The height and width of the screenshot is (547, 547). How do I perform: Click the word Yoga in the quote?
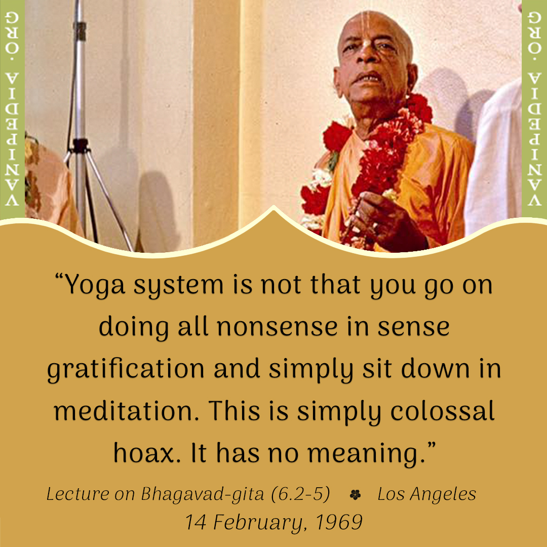(x=95, y=285)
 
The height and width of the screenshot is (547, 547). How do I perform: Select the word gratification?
(x=126, y=370)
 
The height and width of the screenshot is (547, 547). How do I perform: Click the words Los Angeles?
(x=426, y=495)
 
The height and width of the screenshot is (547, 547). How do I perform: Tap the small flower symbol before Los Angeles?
(x=355, y=495)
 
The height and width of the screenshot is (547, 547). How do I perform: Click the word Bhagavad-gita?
(x=202, y=495)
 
